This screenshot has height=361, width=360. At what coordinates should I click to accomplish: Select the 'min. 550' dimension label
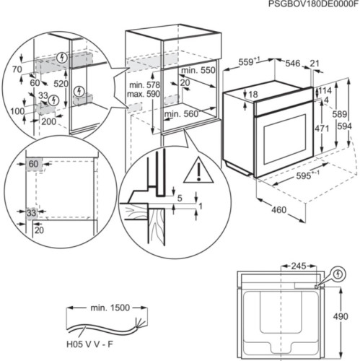198,70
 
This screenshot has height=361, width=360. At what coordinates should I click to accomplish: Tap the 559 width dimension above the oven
251,63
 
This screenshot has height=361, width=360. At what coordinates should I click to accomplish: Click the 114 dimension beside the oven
325,90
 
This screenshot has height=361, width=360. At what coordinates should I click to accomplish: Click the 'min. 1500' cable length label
110,308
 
